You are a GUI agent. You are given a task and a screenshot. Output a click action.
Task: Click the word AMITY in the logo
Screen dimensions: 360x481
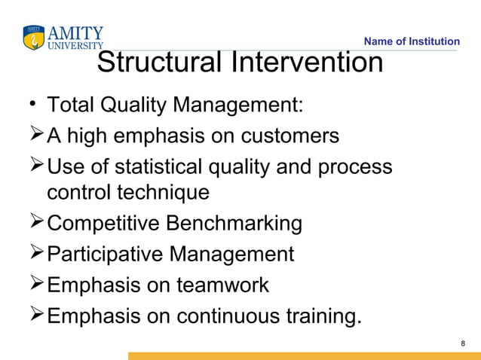(x=75, y=32)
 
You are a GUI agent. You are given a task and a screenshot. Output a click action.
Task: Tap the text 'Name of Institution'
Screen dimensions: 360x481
(x=411, y=41)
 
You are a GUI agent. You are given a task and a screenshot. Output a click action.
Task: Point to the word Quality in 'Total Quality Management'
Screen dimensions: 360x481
(x=140, y=103)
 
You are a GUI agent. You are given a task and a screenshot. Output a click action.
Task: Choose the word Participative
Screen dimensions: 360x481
(x=105, y=255)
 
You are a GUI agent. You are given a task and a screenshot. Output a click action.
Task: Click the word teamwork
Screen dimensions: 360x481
(x=222, y=285)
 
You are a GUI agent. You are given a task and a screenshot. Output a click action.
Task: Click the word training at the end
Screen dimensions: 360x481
(x=320, y=317)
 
